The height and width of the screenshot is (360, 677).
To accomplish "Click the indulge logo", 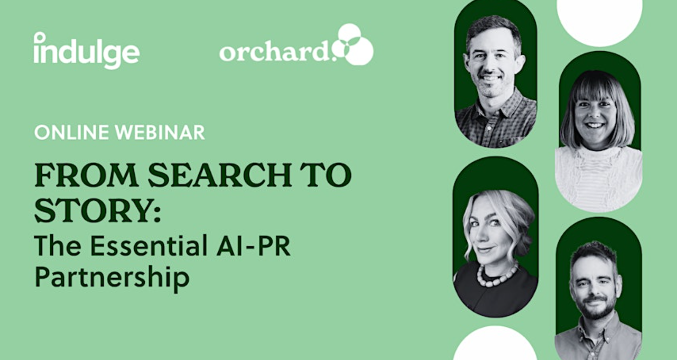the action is click(87, 51).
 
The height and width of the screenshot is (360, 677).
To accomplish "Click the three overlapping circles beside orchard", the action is click(353, 44).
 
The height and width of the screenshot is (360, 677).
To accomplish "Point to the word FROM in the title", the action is click(87, 175).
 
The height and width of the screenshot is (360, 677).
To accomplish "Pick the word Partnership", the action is click(112, 278).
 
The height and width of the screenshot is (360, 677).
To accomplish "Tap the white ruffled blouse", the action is click(598, 179).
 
